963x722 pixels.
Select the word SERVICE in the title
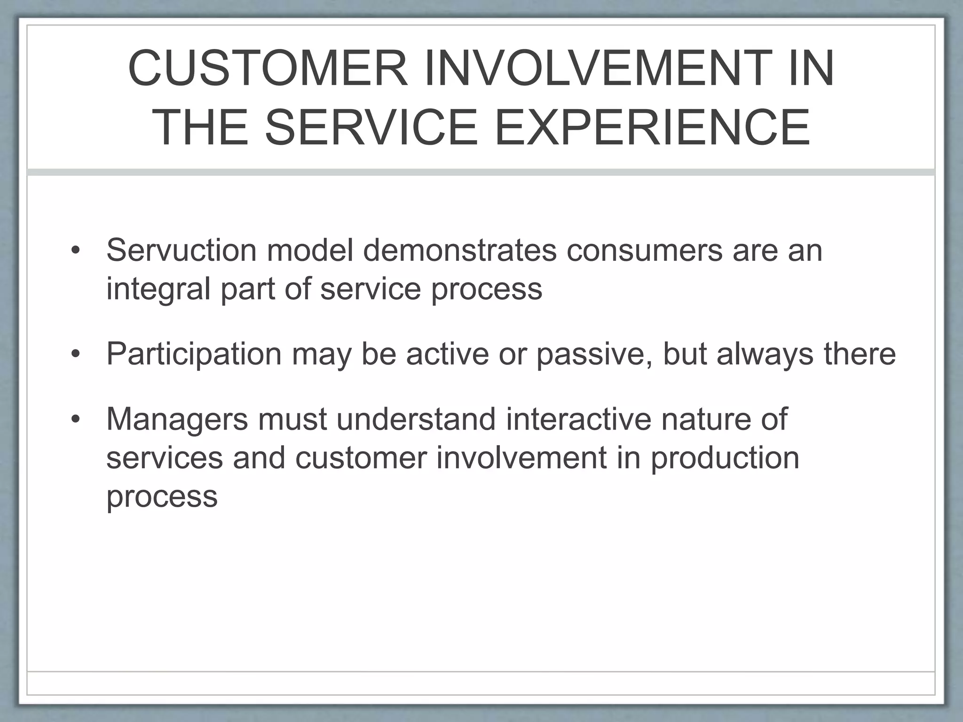(x=371, y=128)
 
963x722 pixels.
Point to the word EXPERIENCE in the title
(x=652, y=128)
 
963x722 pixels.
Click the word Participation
(x=194, y=353)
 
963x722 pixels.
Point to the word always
(x=765, y=353)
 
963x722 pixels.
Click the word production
(x=725, y=457)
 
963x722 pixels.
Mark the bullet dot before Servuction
(x=76, y=251)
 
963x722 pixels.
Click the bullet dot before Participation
(x=76, y=354)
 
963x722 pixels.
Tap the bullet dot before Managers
(x=76, y=420)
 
